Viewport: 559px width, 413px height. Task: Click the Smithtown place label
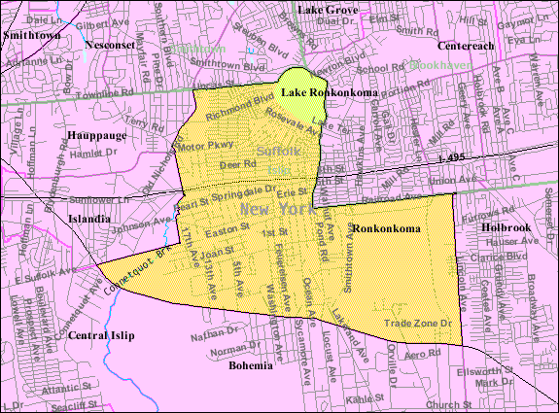31,33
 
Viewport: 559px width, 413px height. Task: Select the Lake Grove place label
328,9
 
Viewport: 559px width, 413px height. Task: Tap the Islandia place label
88,219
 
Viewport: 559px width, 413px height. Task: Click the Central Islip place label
101,336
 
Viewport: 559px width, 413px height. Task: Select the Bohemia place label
251,367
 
